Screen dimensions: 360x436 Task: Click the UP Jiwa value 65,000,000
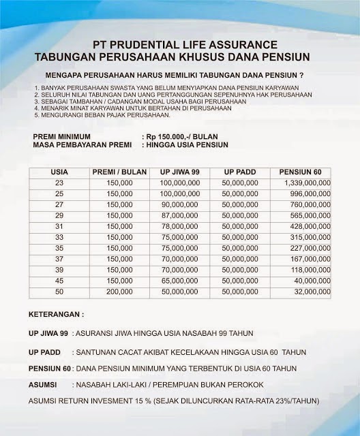coord(183,279)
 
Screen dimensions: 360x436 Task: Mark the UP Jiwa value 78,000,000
coord(183,226)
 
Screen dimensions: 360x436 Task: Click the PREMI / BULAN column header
coord(119,172)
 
